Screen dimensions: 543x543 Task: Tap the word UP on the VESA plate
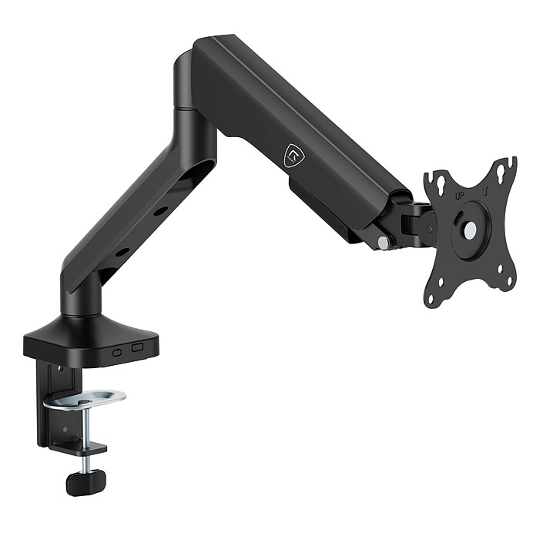click(460, 196)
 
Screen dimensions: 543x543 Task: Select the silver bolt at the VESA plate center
click(471, 229)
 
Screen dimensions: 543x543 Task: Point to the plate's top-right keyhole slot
click(501, 171)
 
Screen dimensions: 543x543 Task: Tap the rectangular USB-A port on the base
click(137, 347)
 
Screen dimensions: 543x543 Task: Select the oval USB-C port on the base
click(117, 353)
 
